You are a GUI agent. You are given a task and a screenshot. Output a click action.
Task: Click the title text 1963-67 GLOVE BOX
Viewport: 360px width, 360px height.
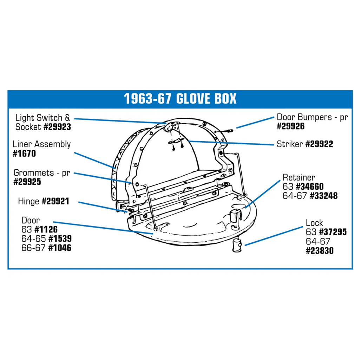[x=180, y=99]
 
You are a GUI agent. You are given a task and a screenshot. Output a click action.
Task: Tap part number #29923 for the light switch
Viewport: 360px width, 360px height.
[x=57, y=127]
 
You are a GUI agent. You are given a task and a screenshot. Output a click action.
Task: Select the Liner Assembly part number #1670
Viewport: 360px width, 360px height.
[x=24, y=153]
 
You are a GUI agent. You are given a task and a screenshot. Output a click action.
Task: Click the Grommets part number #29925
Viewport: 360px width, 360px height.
[x=27, y=182]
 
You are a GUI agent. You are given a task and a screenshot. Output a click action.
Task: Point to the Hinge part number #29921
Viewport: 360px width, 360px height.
[x=55, y=201]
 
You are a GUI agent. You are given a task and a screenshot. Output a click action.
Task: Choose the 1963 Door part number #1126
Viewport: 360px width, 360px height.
[x=46, y=230]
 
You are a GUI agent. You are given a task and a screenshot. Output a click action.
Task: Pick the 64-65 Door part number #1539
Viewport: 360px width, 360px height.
[x=60, y=239]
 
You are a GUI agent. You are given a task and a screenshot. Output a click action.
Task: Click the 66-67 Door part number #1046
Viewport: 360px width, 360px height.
[x=60, y=248]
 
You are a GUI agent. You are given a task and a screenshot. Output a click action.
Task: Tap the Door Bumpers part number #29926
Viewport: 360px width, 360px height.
[x=291, y=126]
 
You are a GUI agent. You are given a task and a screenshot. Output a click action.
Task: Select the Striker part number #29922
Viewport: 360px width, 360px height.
[x=319, y=144]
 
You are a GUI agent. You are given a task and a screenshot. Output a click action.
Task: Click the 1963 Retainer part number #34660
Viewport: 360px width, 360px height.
[x=310, y=186]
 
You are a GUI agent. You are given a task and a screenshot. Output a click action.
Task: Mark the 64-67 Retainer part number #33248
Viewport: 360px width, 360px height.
[x=324, y=196]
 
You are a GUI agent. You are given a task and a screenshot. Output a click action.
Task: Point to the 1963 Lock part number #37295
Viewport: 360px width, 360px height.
[x=333, y=232]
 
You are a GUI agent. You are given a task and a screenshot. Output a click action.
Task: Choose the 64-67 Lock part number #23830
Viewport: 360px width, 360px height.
[x=320, y=251]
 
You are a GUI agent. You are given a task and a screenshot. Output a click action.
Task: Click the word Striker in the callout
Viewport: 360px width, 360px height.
[x=290, y=144]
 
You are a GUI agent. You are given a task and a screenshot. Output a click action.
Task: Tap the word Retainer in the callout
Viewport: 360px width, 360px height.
[x=299, y=177]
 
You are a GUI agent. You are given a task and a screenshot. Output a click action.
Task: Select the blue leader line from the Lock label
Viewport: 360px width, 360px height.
[x=274, y=236]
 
